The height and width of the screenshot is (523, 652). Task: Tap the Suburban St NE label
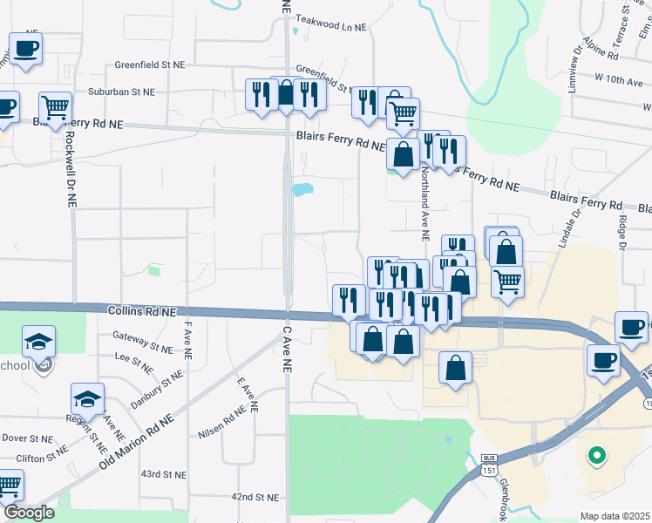click(x=120, y=92)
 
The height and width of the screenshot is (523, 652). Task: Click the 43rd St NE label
click(x=165, y=475)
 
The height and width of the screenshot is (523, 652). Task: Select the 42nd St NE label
click(x=255, y=497)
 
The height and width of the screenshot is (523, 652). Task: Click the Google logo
click(x=29, y=513)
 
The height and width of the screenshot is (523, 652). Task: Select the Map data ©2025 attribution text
click(x=615, y=516)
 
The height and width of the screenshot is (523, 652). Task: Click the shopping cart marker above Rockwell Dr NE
click(x=55, y=108)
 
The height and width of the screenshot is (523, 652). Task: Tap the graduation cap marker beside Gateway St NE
click(x=38, y=341)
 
